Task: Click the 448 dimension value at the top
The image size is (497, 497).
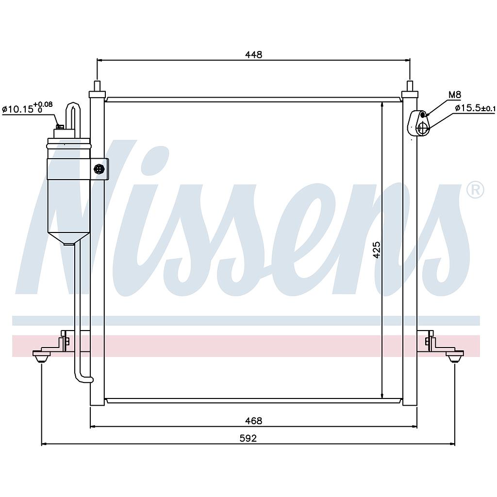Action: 253,54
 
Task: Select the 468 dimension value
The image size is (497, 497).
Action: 253,421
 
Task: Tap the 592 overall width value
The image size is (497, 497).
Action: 248,438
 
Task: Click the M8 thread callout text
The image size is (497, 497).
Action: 454,95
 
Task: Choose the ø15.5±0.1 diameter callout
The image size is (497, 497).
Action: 475,108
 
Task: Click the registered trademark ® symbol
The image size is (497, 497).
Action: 475,190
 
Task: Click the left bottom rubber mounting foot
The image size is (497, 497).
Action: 42,358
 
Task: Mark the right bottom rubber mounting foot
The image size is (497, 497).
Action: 454,358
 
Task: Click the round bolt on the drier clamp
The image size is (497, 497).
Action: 99,169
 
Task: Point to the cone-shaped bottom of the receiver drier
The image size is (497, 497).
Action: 68,237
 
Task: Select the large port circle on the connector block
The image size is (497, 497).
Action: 422,128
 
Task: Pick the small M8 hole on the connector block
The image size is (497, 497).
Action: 422,115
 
